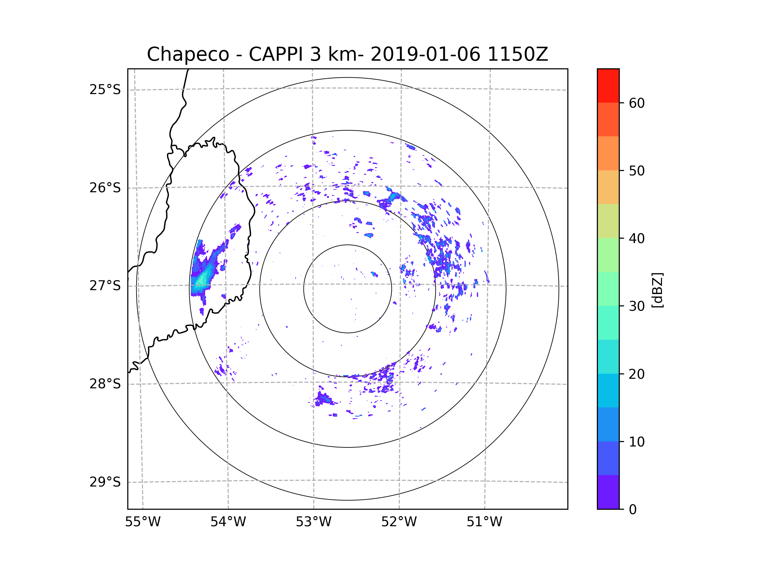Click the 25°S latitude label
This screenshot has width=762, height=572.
coord(105,90)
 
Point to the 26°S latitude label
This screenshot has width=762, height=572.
coord(105,188)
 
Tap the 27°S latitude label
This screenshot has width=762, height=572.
coord(105,286)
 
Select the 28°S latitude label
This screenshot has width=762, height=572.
coord(105,384)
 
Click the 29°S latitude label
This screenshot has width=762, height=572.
coord(105,482)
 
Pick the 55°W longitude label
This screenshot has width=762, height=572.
coord(143,522)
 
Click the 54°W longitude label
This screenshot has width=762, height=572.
coord(228,522)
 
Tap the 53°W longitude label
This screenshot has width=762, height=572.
coord(313,522)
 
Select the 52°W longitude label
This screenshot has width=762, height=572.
coord(399,522)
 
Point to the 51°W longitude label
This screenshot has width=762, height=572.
coord(484,522)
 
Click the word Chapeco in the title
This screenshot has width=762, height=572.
coord(188,54)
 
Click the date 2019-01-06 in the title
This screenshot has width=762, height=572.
coord(425,54)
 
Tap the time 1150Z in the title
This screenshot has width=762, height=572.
coord(518,54)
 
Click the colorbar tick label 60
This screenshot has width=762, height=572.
coord(637,103)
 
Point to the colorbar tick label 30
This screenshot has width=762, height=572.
coord(637,306)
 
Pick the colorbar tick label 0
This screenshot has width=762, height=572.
coord(633,509)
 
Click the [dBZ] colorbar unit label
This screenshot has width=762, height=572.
coord(657,290)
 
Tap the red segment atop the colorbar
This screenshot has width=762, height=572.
coord(608,85)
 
